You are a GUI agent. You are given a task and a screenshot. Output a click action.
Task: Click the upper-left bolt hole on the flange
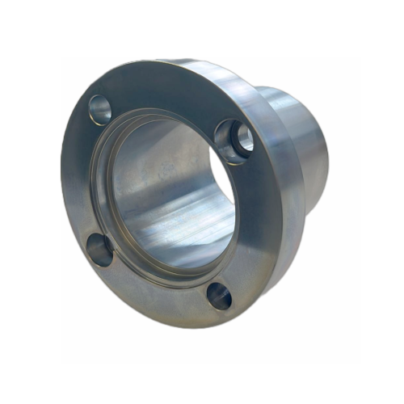point(100,109)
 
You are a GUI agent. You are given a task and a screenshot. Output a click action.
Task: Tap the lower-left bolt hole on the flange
point(99,250)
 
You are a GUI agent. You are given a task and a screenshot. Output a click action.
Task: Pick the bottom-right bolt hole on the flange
point(219,297)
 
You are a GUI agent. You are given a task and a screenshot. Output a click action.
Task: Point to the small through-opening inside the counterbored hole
point(243,140)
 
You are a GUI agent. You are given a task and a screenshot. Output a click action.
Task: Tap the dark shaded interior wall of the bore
point(137,162)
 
